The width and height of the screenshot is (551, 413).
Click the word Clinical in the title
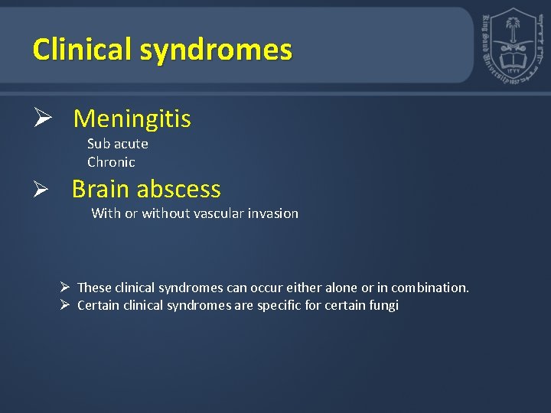coord(83,50)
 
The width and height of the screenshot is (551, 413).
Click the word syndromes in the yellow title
coord(217,50)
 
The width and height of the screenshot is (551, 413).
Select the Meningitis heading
coord(132,119)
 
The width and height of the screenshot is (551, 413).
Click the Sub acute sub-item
coord(118,144)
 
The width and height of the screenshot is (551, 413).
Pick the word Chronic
coord(111,162)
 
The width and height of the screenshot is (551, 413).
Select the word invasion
coord(275,213)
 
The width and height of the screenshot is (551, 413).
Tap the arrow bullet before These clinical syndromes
coord(66,288)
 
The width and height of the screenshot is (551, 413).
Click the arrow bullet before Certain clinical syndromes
coord(66,306)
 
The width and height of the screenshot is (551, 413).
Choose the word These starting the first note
coord(94,288)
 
